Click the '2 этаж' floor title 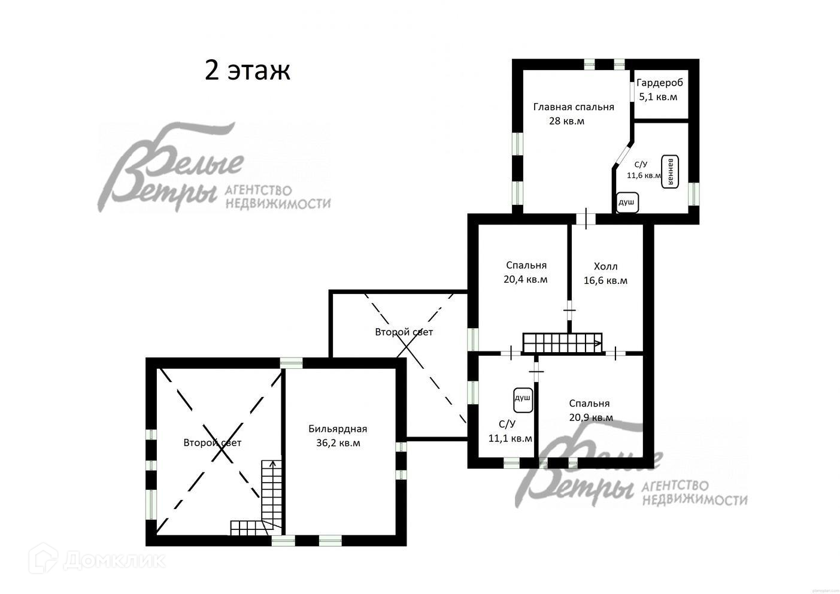247,71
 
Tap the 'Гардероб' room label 660,83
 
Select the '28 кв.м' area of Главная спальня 566,121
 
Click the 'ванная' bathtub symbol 670,171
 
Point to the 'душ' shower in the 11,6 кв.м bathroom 627,202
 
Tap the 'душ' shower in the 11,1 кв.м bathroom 523,401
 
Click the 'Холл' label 606,266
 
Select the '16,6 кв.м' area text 606,280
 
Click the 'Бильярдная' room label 338,429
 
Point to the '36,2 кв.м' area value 338,443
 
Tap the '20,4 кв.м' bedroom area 526,280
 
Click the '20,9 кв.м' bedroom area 591,417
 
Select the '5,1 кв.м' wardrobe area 658,97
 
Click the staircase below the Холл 563,343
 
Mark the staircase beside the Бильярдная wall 262,498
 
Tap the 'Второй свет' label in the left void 213,443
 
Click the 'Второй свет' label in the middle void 404,332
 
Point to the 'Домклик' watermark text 114,561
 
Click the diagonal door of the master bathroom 623,154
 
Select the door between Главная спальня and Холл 586,219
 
